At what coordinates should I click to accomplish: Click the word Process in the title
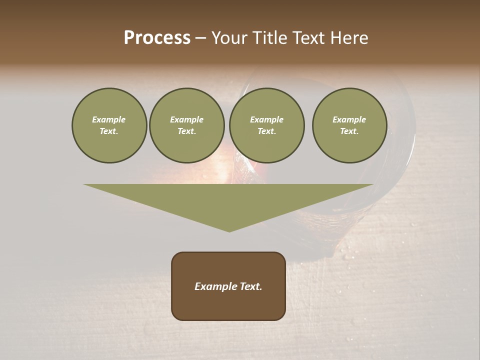[x=157, y=38]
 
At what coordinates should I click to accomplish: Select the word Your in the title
[x=229, y=38]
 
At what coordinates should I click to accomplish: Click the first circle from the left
[x=109, y=125]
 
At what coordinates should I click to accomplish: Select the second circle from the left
[x=186, y=125]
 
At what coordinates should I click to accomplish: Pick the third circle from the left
[x=266, y=125]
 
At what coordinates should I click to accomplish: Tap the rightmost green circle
[x=349, y=125]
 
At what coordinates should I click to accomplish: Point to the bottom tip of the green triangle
[x=229, y=231]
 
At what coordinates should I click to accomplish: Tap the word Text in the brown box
[x=249, y=286]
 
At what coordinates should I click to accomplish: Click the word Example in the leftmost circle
[x=109, y=119]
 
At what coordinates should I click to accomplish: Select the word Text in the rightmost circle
[x=349, y=131]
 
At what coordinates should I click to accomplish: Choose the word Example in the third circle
[x=266, y=119]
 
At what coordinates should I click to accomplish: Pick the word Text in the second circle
[x=186, y=131]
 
